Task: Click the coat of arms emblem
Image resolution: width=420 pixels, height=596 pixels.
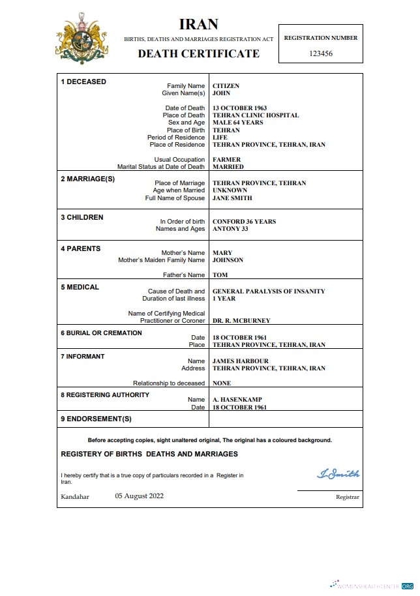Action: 82,39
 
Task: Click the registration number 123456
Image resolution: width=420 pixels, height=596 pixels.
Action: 320,53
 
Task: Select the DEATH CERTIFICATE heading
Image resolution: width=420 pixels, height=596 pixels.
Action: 198,53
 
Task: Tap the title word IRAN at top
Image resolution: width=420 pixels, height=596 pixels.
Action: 198,25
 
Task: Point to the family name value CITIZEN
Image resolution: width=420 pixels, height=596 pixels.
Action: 226,86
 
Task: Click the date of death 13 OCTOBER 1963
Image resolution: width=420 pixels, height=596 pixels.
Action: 239,108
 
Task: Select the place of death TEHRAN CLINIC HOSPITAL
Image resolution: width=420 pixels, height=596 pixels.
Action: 256,115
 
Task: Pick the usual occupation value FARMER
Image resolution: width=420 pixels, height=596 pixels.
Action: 226,160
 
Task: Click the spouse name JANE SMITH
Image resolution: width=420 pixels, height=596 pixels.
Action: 232,198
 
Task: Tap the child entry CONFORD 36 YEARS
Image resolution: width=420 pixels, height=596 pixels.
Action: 244,222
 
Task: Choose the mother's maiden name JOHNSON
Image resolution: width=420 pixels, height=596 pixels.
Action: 228,260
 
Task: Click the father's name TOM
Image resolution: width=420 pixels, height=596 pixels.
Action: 220,275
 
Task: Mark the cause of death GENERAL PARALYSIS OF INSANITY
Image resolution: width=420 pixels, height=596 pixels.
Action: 269,291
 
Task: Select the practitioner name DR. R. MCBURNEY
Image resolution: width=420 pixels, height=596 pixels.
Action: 241,321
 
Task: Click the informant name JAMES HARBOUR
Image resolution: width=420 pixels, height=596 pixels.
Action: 240,361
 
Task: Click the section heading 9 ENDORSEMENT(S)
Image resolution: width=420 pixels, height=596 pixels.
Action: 96,419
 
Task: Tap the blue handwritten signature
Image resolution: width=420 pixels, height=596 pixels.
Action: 338,474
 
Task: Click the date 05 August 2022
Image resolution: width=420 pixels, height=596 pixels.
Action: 140,496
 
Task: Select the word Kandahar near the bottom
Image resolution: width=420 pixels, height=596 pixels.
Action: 75,497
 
